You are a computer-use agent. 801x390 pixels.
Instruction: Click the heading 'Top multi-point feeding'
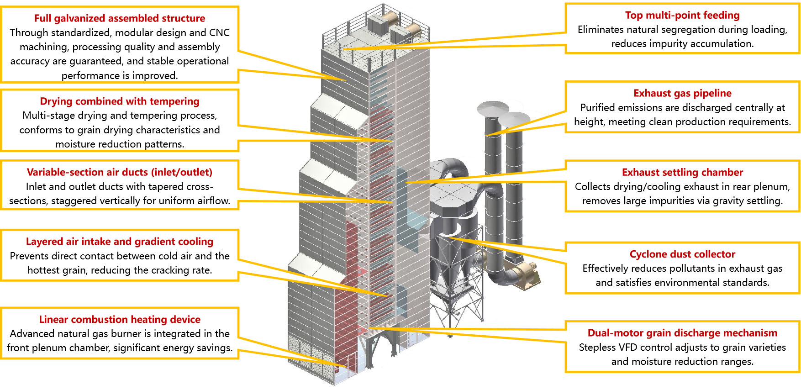point(682,15)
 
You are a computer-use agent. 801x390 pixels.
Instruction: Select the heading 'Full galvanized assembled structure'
point(120,18)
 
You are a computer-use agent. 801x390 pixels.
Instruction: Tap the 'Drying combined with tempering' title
point(120,101)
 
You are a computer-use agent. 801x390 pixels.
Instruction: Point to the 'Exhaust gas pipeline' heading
point(682,93)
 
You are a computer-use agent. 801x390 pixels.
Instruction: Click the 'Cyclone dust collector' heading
point(682,254)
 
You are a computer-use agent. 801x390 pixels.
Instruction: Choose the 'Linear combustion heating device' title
point(120,319)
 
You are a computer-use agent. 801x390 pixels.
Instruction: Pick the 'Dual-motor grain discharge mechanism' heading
point(682,333)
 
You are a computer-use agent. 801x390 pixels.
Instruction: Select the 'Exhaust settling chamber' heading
point(682,172)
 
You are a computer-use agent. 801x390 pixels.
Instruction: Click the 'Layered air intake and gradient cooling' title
point(120,241)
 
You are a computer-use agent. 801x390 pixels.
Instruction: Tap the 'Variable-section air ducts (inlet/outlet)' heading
point(120,172)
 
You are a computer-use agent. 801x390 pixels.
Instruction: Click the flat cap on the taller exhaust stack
point(493,108)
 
